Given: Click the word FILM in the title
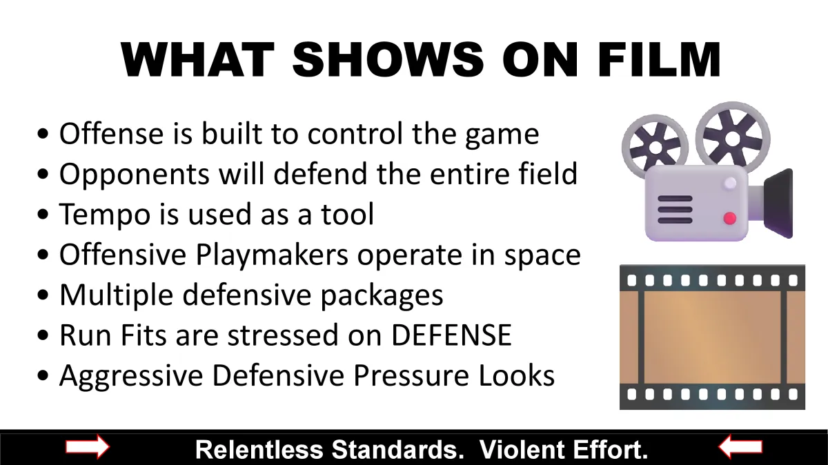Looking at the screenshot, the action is point(659,59).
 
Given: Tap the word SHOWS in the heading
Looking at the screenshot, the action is point(388,59).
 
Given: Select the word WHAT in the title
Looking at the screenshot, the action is point(197,59).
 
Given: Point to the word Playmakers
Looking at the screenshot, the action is point(272,255).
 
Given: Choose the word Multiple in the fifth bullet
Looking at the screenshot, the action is point(116,295).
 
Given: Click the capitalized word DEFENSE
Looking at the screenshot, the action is point(451,335).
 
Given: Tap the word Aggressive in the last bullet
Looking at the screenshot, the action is point(131,376).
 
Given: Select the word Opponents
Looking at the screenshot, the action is point(135,175).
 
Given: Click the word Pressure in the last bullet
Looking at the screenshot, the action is point(411,375).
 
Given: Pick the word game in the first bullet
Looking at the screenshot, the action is point(502,135).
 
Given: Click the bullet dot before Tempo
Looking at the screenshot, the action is point(43,214).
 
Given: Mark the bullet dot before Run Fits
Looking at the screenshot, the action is point(43,335).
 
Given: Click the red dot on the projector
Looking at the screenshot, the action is point(730,218).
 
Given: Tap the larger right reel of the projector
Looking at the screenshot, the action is point(733,138).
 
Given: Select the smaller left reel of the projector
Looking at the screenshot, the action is point(655,147).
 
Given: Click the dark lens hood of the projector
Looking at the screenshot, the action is point(778,204).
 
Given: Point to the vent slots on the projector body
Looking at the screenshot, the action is point(675,210).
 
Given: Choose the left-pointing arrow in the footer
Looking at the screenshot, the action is point(740,446).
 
